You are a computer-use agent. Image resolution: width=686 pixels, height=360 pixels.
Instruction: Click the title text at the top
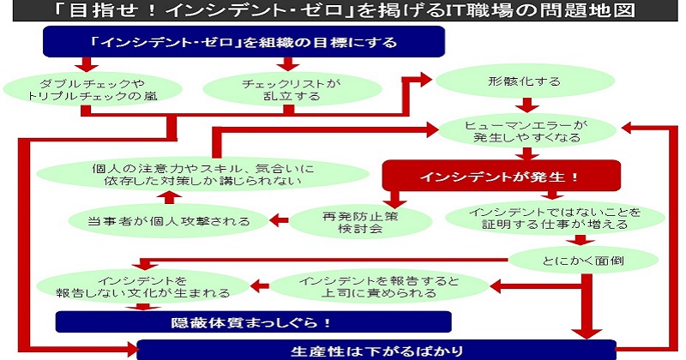point(343,12)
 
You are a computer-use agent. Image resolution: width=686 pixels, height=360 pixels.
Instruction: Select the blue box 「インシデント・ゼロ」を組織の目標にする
point(244,41)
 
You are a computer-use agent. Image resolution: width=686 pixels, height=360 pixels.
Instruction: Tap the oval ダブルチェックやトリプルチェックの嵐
point(92,89)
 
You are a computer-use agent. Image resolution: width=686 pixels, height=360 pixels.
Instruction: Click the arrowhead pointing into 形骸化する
point(427,79)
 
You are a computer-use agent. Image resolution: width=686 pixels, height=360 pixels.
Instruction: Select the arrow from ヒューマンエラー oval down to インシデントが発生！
point(523,154)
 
